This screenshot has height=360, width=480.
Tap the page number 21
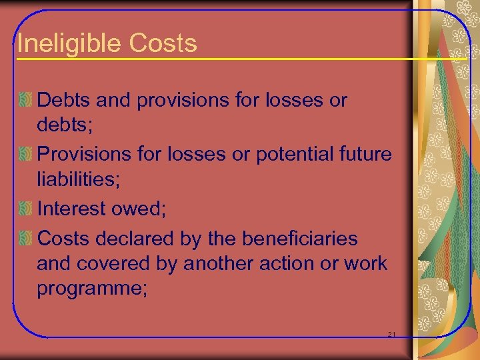(x=391, y=333)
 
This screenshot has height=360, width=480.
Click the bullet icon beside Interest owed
(x=25, y=209)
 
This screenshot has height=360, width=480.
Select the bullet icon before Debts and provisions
(x=25, y=101)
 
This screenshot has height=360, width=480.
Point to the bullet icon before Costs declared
(x=25, y=237)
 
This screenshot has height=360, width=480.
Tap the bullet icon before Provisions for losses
(x=25, y=155)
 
